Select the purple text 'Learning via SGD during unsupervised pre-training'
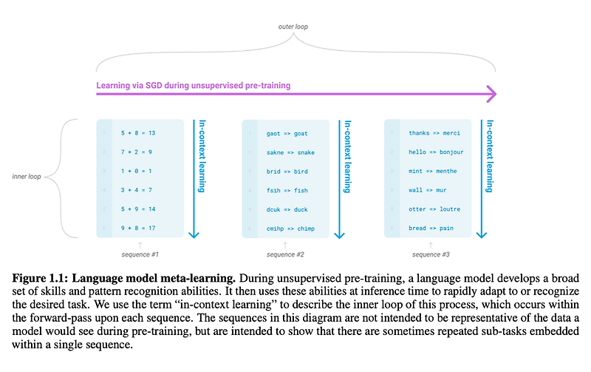point(194,85)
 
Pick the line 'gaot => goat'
point(287,133)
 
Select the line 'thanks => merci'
point(434,133)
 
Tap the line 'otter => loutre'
point(435,209)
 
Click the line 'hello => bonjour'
point(436,152)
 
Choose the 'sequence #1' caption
point(140,254)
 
